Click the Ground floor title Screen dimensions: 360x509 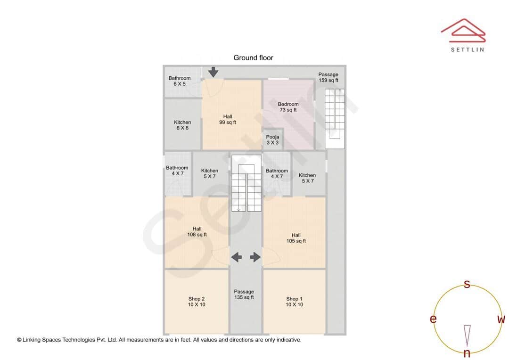253,58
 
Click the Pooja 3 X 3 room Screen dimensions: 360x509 272,140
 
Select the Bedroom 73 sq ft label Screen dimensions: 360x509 288,107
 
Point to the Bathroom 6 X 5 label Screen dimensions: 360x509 180,81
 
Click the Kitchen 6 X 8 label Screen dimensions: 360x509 182,125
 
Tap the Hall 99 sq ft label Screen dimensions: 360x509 228,120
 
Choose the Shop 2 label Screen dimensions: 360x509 197,302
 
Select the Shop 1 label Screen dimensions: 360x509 294,302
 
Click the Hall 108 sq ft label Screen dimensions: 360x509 197,231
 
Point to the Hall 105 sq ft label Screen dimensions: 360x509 296,238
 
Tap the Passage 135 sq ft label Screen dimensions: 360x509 244,295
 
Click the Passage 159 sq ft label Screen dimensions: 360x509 328,77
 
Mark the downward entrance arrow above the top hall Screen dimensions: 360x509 213,72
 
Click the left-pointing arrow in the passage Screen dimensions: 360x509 236,257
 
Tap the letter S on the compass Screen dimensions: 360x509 467,284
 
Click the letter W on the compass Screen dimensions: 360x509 501,319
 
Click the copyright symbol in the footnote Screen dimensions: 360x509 19,340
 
